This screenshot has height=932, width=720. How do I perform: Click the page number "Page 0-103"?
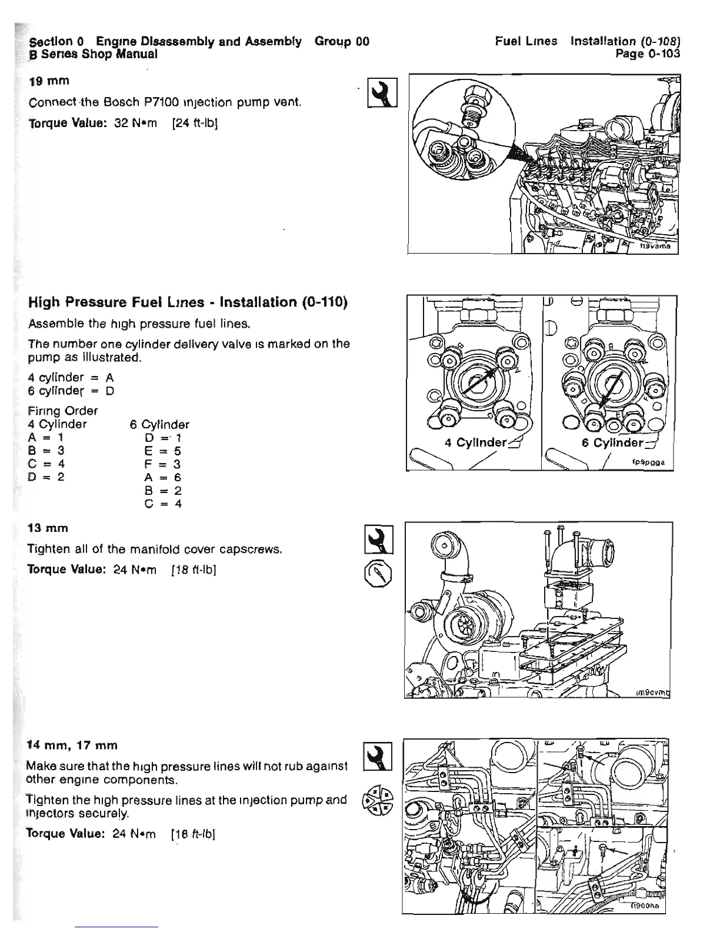click(647, 54)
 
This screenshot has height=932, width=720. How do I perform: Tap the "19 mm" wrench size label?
click(49, 81)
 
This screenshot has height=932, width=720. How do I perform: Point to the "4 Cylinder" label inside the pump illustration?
click(474, 442)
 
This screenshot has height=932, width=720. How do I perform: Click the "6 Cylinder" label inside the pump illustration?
click(612, 442)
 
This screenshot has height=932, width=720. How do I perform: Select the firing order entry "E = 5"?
click(163, 451)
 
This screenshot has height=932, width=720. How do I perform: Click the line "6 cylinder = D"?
click(71, 391)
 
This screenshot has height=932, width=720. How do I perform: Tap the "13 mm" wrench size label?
click(48, 528)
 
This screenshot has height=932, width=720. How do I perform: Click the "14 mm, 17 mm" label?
click(72, 745)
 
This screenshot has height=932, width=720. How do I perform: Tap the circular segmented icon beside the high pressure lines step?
click(378, 801)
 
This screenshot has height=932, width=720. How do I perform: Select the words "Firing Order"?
click(62, 411)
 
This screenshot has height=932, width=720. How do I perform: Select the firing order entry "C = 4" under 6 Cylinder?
click(163, 504)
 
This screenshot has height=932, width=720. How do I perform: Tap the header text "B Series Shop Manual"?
click(93, 54)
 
